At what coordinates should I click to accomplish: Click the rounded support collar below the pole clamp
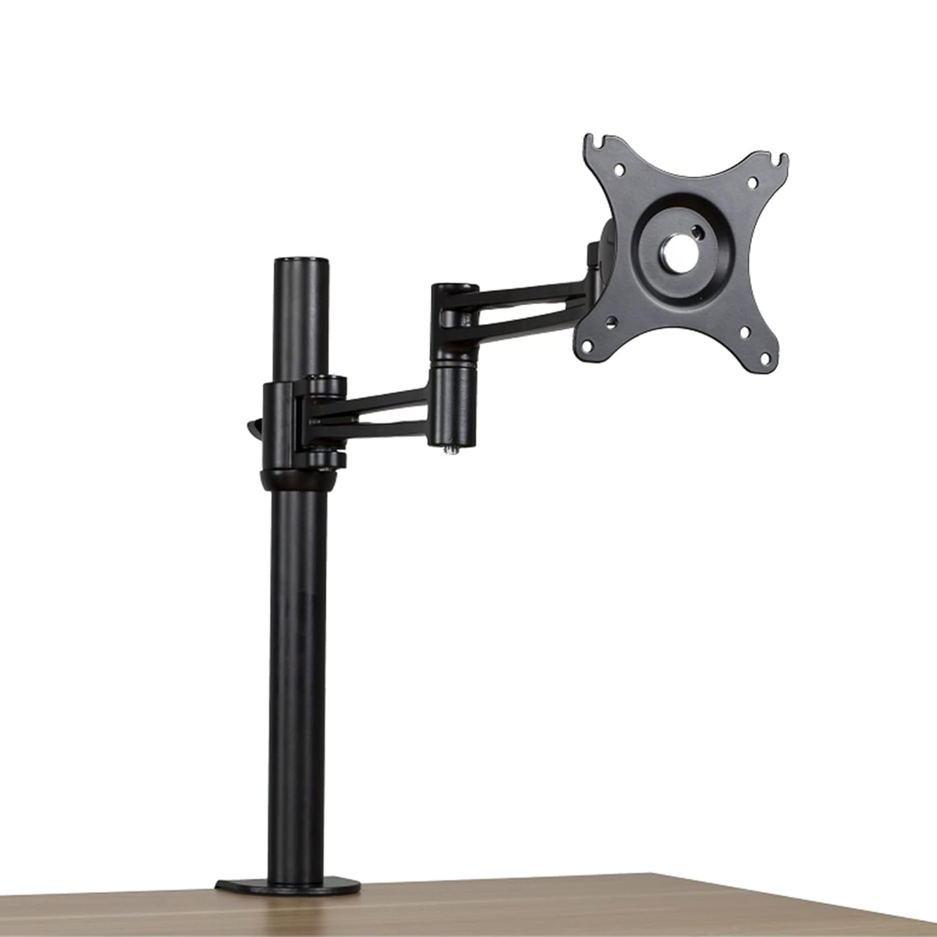pos(298,480)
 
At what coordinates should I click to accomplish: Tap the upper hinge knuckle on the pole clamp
pos(325,384)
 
